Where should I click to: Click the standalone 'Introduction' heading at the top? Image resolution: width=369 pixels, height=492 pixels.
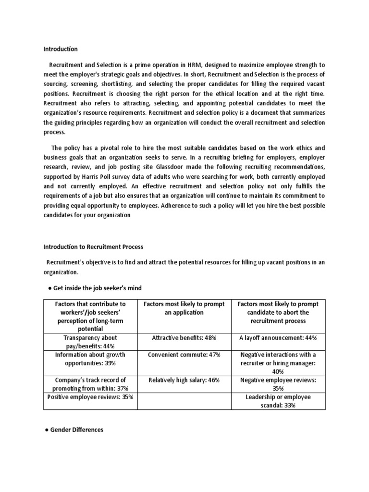[60, 49]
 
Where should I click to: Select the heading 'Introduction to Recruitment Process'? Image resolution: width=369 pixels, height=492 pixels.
[93, 247]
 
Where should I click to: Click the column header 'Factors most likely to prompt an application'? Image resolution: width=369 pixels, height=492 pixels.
[184, 308]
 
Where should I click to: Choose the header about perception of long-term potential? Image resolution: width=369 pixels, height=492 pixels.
[90, 316]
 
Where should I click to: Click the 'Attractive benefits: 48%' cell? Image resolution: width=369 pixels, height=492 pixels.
[184, 338]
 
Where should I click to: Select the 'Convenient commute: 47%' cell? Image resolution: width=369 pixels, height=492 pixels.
[184, 355]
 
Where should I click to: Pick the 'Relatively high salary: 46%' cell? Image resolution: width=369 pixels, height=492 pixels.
[184, 380]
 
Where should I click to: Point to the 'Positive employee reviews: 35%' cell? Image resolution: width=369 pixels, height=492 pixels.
[90, 397]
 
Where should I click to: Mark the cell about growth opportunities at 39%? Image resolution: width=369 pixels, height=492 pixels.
[90, 359]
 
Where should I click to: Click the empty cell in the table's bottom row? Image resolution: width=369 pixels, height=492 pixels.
[184, 401]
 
